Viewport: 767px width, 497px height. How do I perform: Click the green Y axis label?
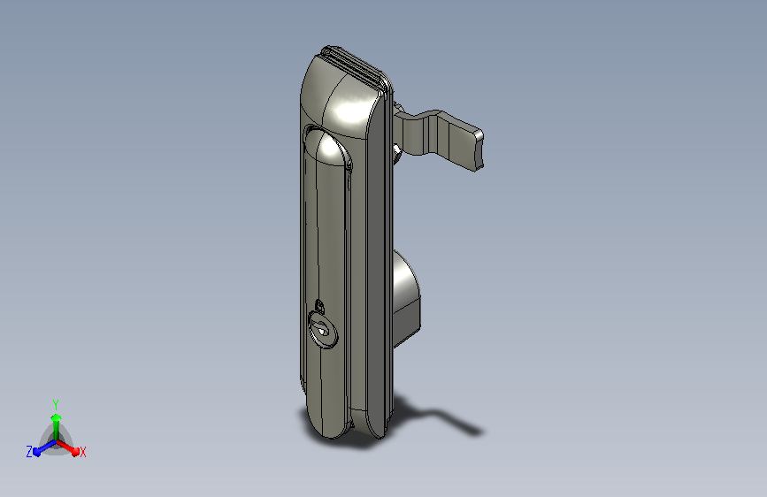(x=56, y=404)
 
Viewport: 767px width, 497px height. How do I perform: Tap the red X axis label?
(x=82, y=453)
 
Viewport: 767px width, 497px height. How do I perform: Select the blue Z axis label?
(x=29, y=452)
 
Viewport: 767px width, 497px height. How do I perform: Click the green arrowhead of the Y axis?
(x=57, y=417)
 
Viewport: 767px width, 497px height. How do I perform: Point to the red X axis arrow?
(x=67, y=447)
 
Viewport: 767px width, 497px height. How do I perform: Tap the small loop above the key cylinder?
(x=319, y=306)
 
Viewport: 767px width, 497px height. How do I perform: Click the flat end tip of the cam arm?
(x=478, y=150)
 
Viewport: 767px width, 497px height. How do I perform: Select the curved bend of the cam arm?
(x=418, y=128)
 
